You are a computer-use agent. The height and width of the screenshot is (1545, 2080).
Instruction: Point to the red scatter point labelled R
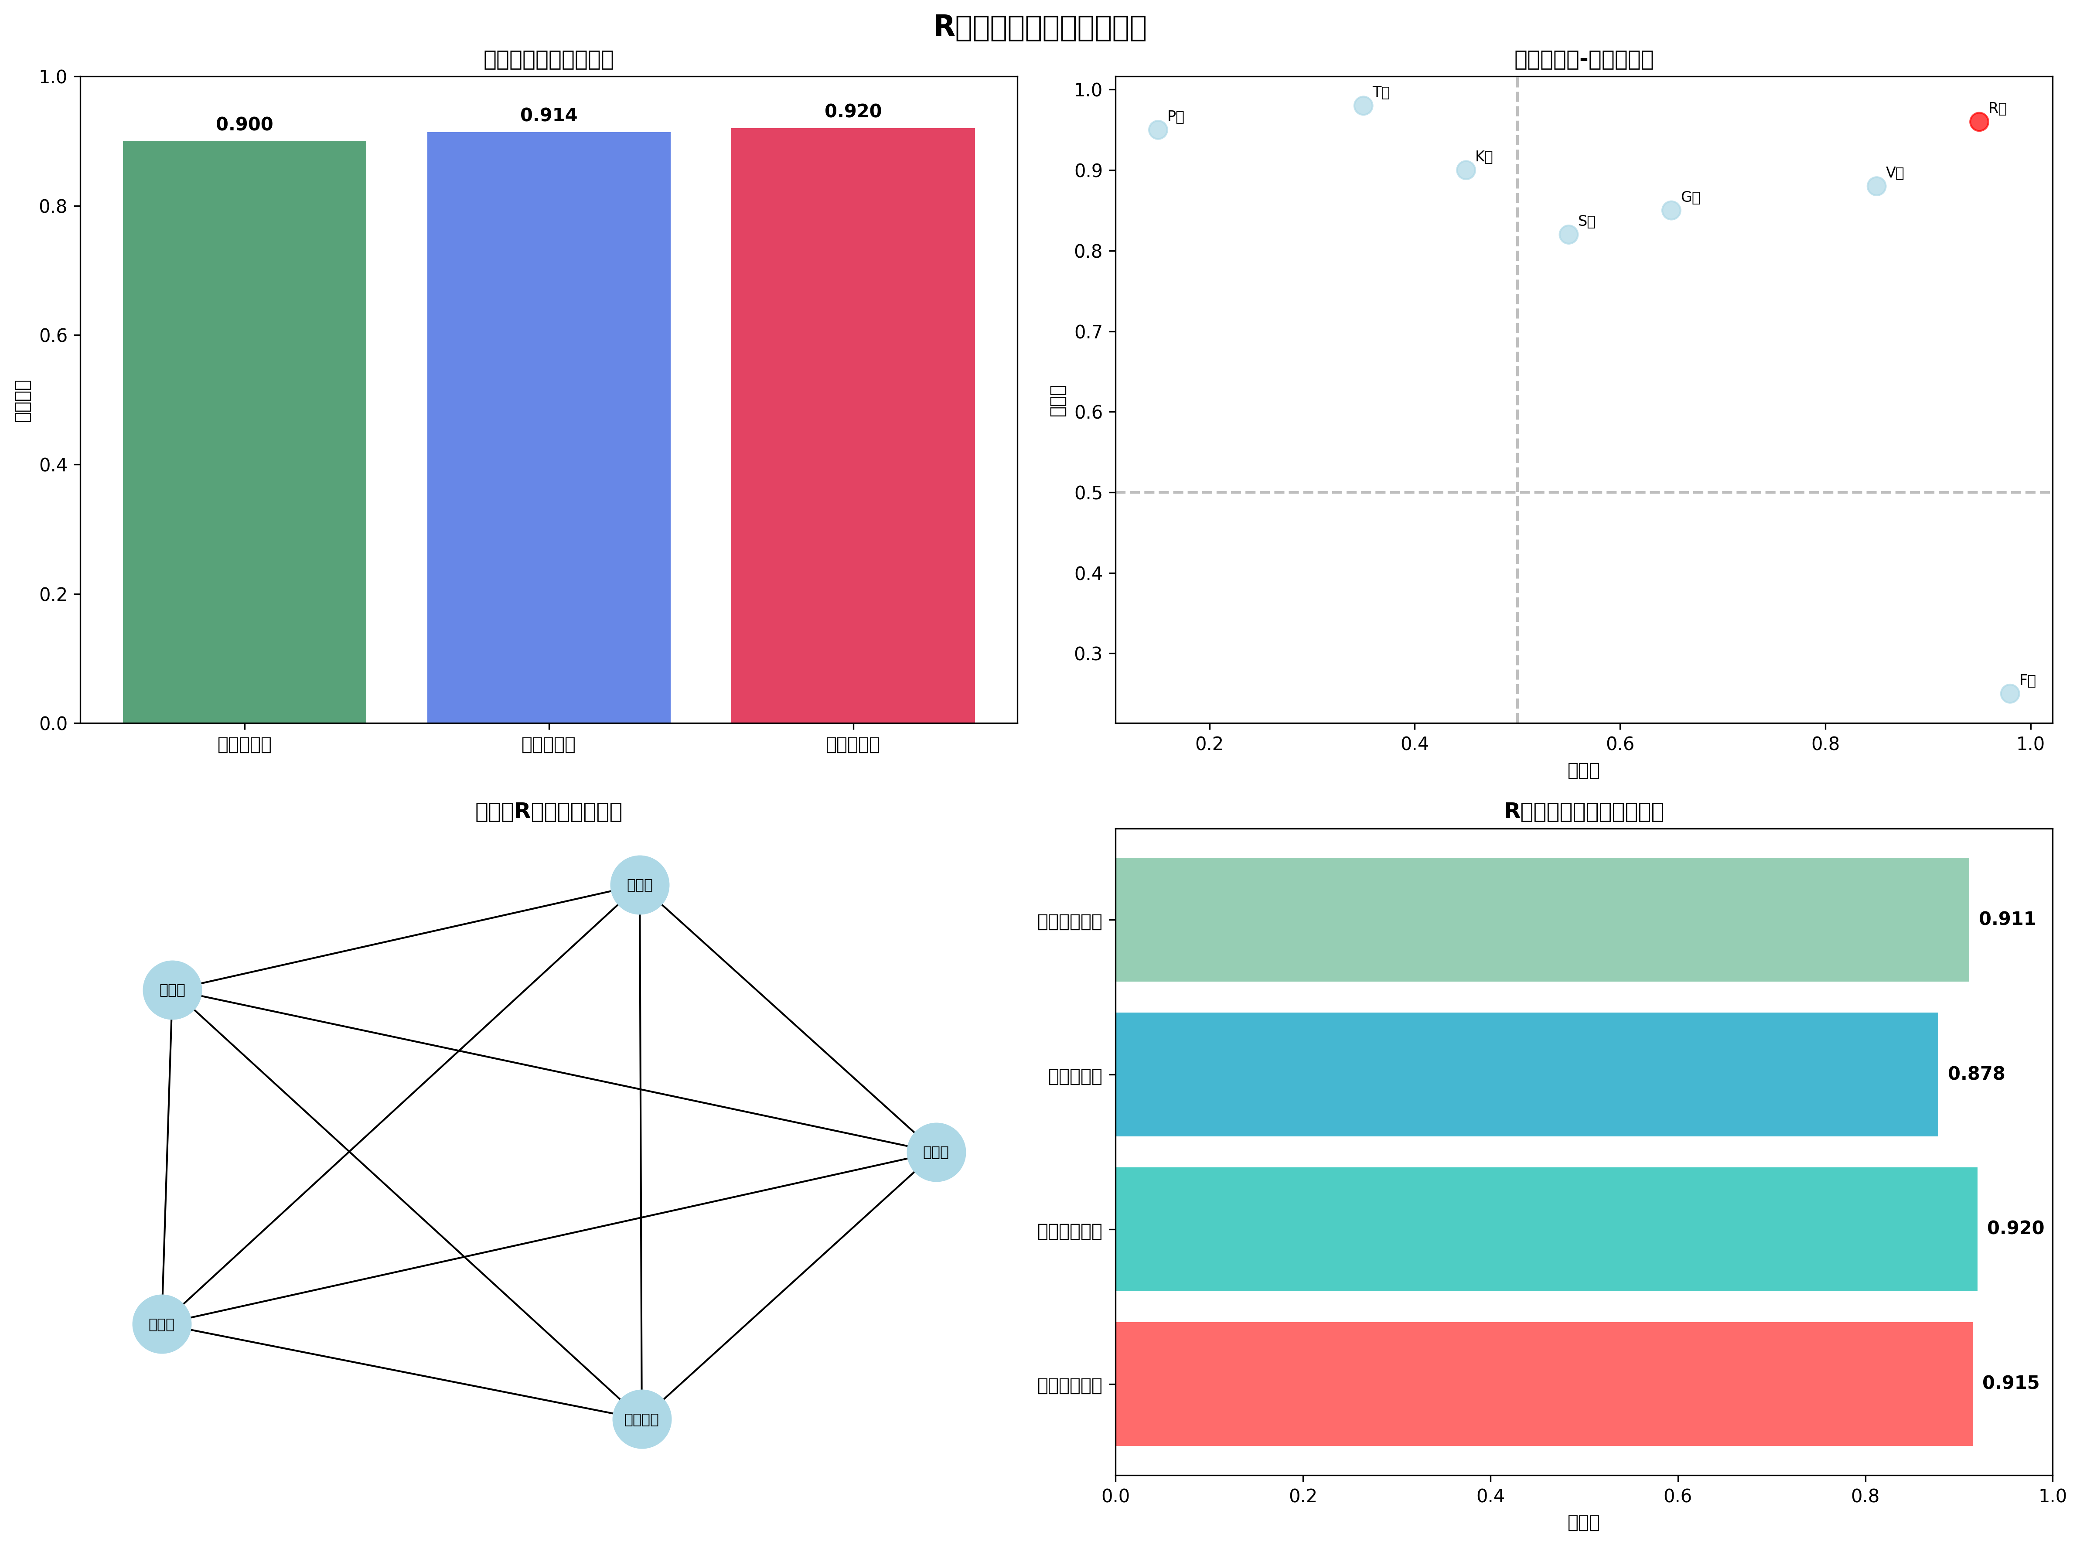1978,122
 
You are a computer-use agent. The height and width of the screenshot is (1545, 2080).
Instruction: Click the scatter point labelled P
1158,130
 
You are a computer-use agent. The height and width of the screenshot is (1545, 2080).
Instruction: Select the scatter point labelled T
1363,106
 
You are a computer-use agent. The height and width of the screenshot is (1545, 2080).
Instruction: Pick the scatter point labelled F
2009,693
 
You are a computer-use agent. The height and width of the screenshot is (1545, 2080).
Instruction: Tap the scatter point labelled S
1569,235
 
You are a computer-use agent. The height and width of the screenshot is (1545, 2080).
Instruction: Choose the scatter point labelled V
1876,186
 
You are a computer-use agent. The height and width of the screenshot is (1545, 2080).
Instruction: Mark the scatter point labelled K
1466,170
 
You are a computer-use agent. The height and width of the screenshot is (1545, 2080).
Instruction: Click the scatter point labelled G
1671,211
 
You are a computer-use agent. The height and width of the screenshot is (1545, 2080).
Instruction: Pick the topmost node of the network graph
640,885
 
